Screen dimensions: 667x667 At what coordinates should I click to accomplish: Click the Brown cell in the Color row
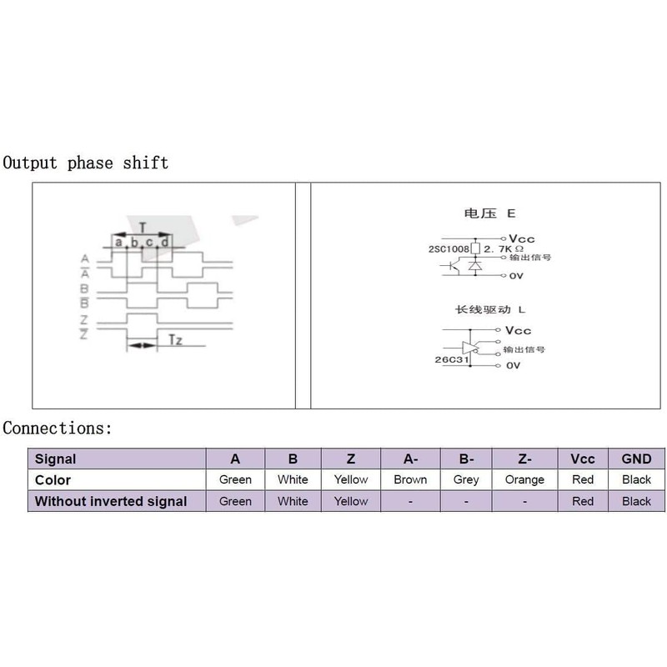coord(410,479)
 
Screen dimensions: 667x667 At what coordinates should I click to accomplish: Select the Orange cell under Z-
coord(524,479)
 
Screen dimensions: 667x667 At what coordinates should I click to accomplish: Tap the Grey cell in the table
coord(466,479)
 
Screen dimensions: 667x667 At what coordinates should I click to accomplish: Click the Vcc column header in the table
coord(583,459)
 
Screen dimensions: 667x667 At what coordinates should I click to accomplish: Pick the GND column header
coord(636,459)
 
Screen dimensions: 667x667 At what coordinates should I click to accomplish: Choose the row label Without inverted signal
coord(111,501)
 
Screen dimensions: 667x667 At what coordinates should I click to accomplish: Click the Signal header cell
coord(117,459)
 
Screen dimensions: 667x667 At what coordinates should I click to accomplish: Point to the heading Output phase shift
coord(86,163)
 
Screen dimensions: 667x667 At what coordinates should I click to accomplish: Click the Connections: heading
coord(57,428)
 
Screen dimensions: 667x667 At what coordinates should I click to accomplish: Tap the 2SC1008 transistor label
coord(449,248)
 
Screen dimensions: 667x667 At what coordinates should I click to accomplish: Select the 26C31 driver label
coord(452,359)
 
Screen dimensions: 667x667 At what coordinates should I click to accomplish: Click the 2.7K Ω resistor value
coord(504,248)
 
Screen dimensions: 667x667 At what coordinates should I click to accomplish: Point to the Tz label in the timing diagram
coord(175,340)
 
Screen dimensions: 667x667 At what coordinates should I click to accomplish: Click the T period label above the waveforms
coord(143,228)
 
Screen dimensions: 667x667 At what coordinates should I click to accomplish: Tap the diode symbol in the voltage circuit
coord(475,266)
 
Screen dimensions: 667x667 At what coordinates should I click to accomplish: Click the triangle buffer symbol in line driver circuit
coord(470,348)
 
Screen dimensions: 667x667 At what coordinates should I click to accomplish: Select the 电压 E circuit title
coord(489,213)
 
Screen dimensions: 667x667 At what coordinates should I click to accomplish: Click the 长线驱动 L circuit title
coord(490,309)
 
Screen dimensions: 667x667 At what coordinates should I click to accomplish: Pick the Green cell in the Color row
coord(235,479)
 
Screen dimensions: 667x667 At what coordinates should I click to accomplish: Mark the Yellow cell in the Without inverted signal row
coord(350,501)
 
